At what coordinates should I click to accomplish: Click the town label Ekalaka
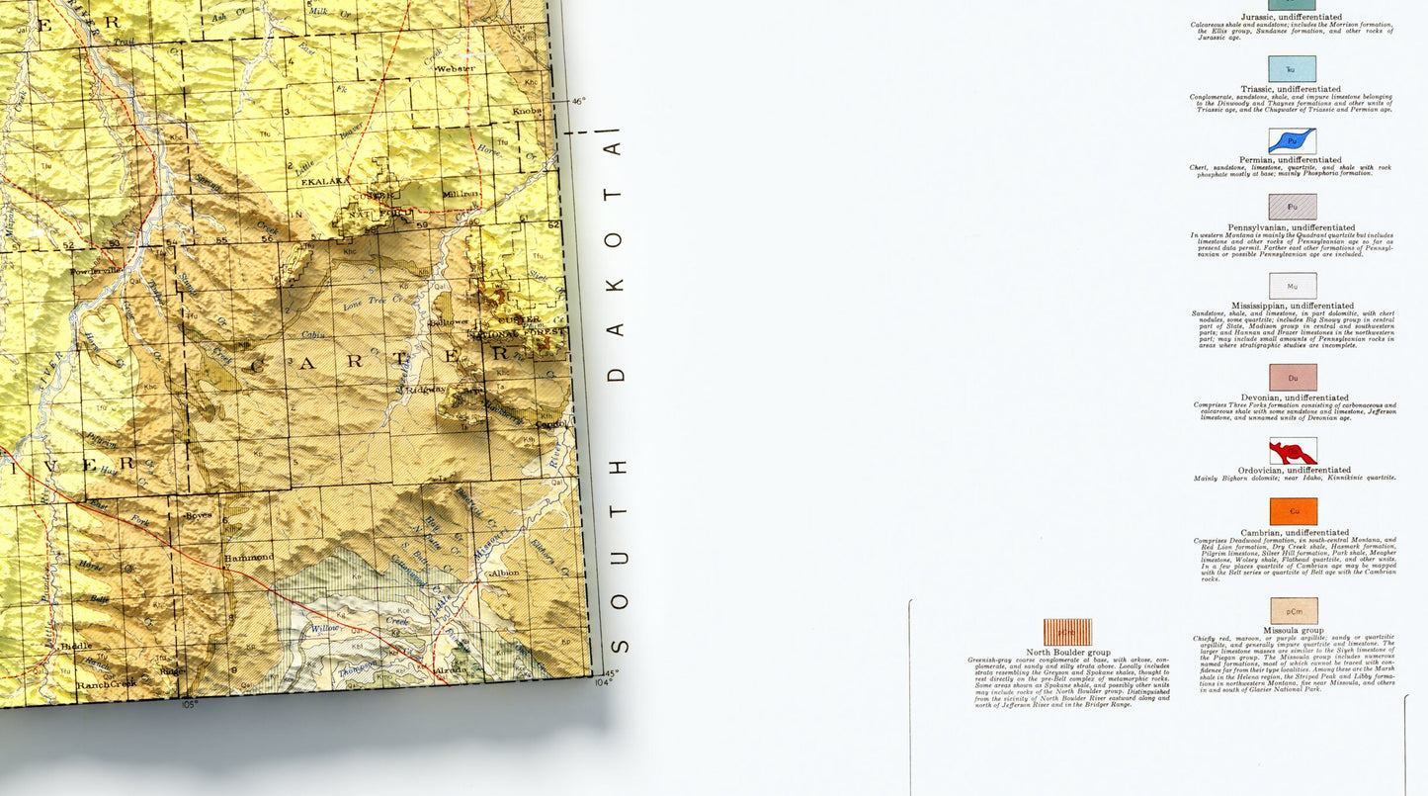(x=322, y=181)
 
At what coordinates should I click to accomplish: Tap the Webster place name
(x=457, y=68)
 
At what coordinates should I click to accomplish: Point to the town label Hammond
(x=248, y=558)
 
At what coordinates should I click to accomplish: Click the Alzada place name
(x=451, y=670)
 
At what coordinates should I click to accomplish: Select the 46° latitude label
(x=579, y=100)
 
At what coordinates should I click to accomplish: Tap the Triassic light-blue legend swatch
(x=1292, y=68)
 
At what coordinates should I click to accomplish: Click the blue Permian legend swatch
(x=1292, y=140)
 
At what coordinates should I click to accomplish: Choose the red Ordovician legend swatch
(x=1292, y=451)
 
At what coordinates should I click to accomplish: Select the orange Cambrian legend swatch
(x=1293, y=511)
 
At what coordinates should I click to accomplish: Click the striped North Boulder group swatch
(x=1067, y=632)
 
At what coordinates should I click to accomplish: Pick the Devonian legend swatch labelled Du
(x=1293, y=377)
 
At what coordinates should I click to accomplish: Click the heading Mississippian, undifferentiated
(x=1293, y=306)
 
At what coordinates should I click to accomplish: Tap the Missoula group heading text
(x=1293, y=630)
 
